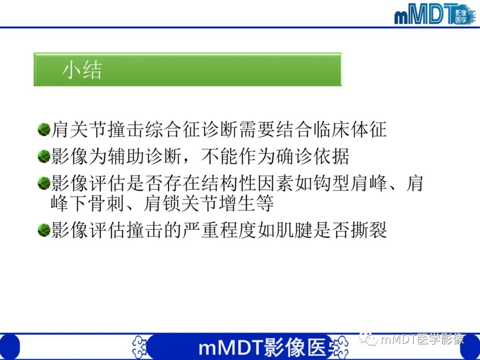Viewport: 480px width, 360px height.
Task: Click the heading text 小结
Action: coord(82,70)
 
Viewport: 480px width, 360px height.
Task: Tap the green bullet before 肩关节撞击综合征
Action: coord(44,130)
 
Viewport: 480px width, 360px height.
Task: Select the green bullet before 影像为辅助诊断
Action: coord(44,156)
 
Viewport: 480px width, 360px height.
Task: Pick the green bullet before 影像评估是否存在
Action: coord(44,183)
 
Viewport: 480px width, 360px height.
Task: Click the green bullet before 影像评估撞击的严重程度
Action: coord(44,231)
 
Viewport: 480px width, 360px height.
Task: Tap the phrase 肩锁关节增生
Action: coord(199,204)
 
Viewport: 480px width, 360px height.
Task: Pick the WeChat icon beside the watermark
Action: coord(370,340)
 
